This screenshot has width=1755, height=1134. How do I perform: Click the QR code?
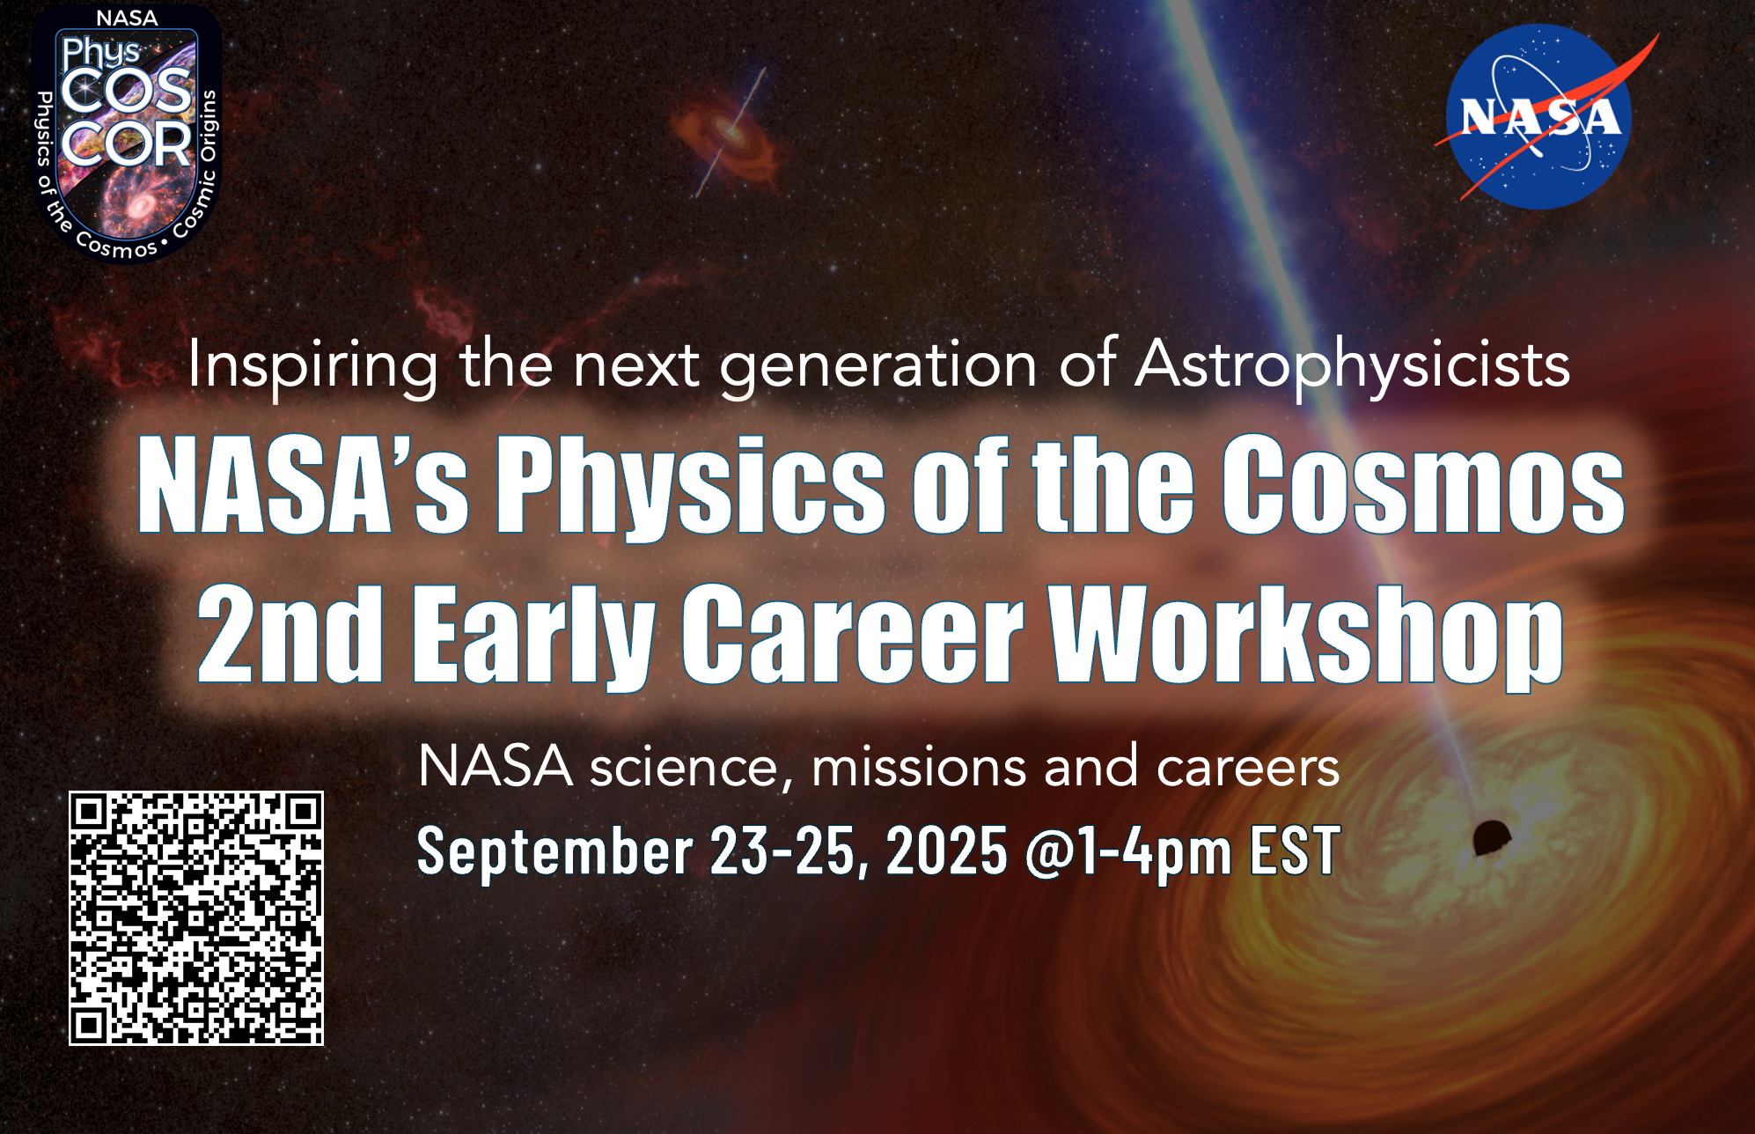tap(196, 918)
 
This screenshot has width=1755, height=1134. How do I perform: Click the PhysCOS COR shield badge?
tap(127, 134)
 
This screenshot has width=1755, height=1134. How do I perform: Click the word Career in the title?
tap(852, 633)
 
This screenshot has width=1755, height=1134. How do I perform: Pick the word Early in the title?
tap(533, 637)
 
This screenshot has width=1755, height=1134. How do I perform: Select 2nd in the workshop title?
tap(290, 633)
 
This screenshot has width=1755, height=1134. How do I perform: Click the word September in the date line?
tap(554, 851)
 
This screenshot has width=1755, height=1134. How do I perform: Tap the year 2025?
tap(946, 850)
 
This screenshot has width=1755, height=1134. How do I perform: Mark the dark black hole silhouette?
tap(1491, 837)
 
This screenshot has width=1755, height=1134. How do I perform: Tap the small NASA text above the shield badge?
tap(127, 18)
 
